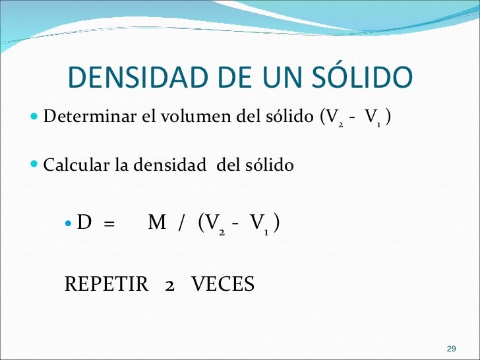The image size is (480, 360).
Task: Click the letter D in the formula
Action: point(84,224)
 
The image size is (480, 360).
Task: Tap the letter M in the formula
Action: point(157,224)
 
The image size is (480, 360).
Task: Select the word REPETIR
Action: point(106,285)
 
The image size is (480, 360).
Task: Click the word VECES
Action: point(223,285)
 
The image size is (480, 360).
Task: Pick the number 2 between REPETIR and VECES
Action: point(169,285)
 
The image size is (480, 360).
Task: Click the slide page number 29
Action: point(452,348)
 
